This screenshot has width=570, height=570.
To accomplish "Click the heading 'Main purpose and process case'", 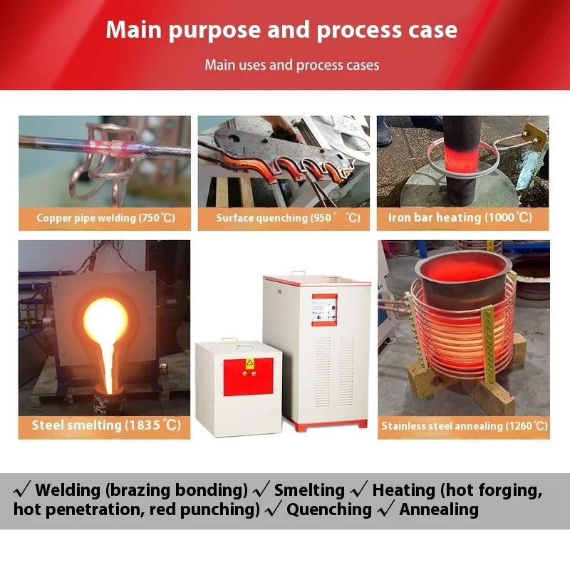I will [x=281, y=30].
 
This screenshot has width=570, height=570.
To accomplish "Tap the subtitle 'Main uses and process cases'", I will [x=291, y=65].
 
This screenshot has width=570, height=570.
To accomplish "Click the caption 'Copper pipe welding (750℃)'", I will [x=105, y=218].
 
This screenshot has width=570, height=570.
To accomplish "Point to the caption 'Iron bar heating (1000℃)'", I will [x=460, y=217].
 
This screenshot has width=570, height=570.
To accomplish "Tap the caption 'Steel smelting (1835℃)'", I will [x=105, y=425].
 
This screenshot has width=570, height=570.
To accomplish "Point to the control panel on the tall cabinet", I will [x=324, y=310].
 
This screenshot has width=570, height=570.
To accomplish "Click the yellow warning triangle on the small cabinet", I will [x=249, y=363].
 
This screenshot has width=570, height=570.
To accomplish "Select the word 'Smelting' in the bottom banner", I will [x=309, y=490].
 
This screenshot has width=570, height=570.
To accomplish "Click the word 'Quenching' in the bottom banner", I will [x=329, y=509].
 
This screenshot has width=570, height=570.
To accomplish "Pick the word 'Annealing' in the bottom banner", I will [x=438, y=509].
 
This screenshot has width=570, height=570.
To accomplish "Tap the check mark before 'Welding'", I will [x=22, y=490].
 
